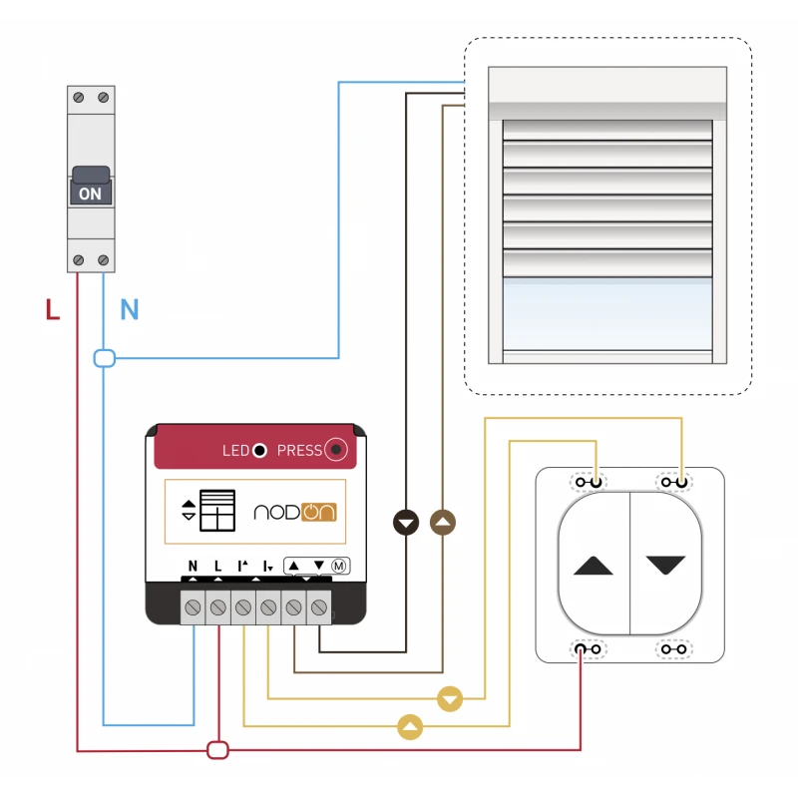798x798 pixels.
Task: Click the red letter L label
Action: (53, 310)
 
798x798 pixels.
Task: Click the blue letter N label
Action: (129, 310)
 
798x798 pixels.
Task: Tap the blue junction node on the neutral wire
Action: (104, 358)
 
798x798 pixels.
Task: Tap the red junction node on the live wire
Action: (217, 749)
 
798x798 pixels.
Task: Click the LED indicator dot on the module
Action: (259, 451)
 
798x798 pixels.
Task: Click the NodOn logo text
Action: (295, 512)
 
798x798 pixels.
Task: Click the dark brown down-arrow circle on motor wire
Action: (406, 522)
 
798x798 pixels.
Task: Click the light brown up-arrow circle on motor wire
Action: (442, 522)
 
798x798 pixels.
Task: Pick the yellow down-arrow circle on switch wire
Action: (451, 698)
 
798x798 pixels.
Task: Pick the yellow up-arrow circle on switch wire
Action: (410, 727)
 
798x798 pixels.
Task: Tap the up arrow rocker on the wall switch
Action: (595, 566)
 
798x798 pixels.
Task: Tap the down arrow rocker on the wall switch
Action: (666, 566)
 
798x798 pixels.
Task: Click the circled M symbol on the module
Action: (339, 566)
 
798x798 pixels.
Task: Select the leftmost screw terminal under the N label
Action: (193, 606)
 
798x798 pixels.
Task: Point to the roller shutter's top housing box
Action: (607, 93)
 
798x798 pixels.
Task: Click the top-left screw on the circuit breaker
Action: (80, 98)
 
